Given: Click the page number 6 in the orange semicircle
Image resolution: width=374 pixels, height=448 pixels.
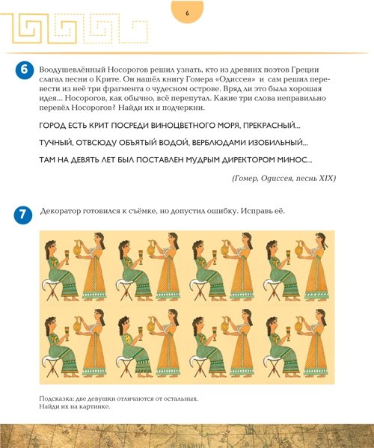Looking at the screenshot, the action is coord(187,13).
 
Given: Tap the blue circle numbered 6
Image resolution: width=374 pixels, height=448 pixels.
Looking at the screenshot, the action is coord(24,70).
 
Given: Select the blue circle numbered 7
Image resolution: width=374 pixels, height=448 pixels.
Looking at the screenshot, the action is coord(23,215).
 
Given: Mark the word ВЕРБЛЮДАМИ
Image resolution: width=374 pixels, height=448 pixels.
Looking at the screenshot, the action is coord(219,143).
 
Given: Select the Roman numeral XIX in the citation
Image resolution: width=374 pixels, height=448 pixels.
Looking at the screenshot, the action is coord(326,178).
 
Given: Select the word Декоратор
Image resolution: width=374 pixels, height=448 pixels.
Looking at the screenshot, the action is coord(60,212).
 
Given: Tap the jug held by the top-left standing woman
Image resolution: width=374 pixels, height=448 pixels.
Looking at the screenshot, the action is coord(78,248).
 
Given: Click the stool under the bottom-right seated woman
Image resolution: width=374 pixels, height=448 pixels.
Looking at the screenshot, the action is coord(274,366).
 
